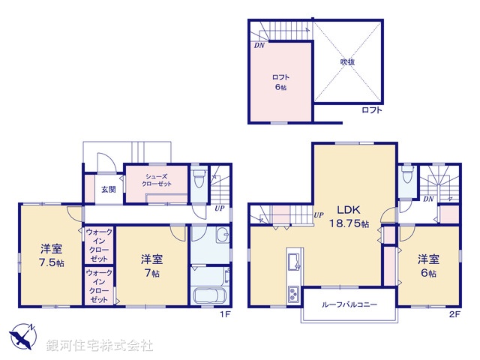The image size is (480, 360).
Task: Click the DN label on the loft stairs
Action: click(x=259, y=46)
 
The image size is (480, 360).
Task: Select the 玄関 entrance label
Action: click(x=109, y=190)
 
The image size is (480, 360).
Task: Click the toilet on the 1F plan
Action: click(x=198, y=179)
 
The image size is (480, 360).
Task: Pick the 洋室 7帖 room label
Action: click(x=150, y=265)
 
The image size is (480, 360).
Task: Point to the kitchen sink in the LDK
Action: click(x=292, y=262)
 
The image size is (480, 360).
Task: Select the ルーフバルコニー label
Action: click(x=349, y=305)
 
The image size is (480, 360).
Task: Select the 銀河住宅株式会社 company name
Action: click(x=100, y=346)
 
